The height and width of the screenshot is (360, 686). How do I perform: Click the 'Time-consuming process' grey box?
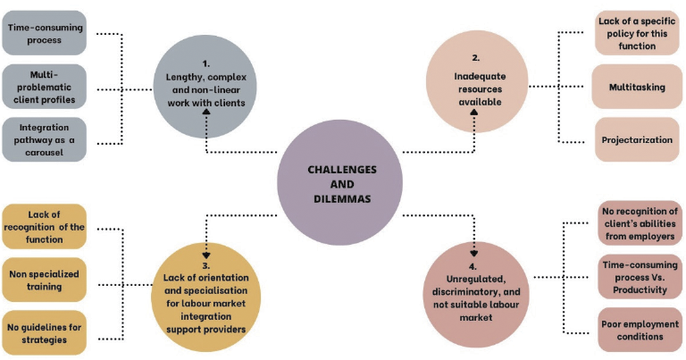pos(45,32)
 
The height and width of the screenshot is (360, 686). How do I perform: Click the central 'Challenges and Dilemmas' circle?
pos(342,183)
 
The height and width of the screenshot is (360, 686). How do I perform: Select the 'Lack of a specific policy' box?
pos(637,32)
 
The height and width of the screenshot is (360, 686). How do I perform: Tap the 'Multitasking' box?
pos(637,87)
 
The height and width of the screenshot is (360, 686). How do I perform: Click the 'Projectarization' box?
pos(637,140)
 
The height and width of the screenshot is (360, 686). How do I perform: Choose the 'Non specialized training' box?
pos(45,280)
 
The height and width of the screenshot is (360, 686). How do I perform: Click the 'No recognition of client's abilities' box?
pos(637,223)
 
